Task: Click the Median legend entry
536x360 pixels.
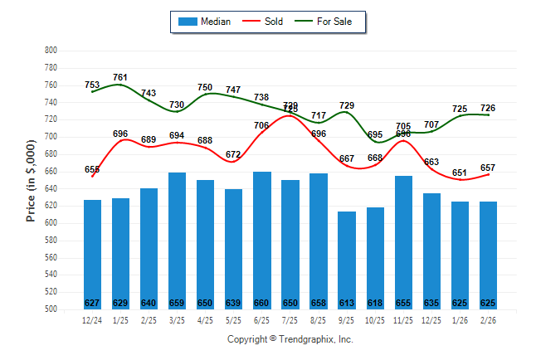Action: pos(205,22)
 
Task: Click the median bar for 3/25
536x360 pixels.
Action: pos(177,241)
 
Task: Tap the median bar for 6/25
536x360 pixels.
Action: pos(261,240)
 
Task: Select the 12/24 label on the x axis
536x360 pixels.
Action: pos(92,321)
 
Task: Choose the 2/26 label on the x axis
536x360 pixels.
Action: pos(488,321)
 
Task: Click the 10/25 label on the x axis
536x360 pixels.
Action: pos(375,321)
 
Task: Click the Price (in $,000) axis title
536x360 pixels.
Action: pos(31,179)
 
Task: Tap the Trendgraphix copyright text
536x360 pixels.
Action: pos(290,339)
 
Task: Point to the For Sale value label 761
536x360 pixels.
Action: pos(120,78)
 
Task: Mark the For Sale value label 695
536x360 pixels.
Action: pos(375,134)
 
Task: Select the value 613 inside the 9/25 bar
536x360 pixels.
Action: pos(347,303)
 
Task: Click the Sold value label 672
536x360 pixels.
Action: pos(233,154)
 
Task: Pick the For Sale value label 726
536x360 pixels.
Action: pos(488,108)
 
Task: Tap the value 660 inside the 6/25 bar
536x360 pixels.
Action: pos(261,303)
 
